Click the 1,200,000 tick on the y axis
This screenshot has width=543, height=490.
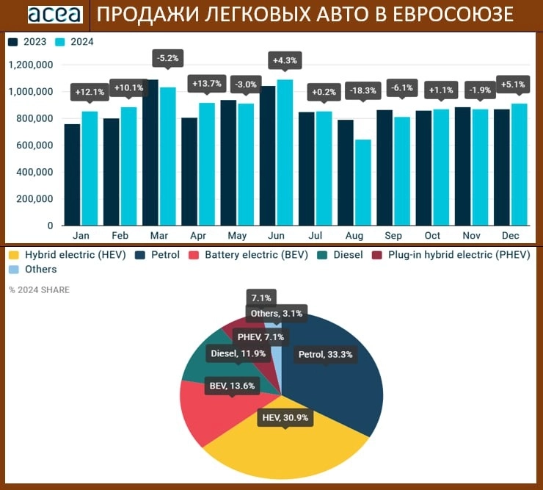pyautogui.click(x=31, y=65)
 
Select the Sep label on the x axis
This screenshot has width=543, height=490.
pyautogui.click(x=393, y=236)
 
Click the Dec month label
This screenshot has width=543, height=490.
pyautogui.click(x=511, y=236)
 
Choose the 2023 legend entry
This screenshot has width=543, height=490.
pyautogui.click(x=27, y=42)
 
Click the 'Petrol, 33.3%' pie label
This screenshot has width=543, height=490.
pyautogui.click(x=325, y=355)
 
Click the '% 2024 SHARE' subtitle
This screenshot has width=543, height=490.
pyautogui.click(x=39, y=290)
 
